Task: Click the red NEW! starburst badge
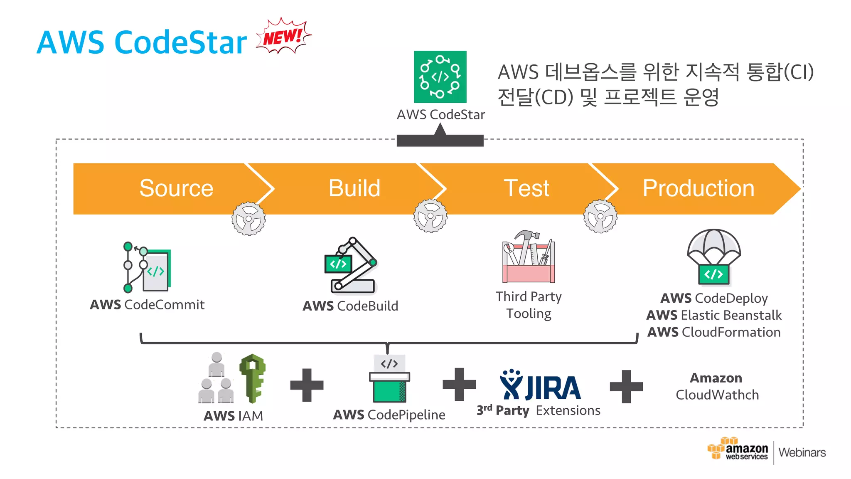pyautogui.click(x=283, y=37)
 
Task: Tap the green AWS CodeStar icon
pyautogui.click(x=440, y=77)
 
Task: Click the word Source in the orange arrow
pyautogui.click(x=176, y=188)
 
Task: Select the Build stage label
pyautogui.click(x=354, y=188)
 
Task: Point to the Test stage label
pyautogui.click(x=526, y=188)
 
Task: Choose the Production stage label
pyautogui.click(x=699, y=188)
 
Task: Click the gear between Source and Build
pyautogui.click(x=248, y=219)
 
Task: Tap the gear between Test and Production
pyautogui.click(x=600, y=216)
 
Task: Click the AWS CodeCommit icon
pyautogui.click(x=147, y=267)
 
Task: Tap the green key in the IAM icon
pyautogui.click(x=253, y=378)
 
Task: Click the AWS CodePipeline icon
pyautogui.click(x=389, y=379)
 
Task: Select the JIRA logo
pyautogui.click(x=540, y=385)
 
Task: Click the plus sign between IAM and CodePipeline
pyautogui.click(x=307, y=385)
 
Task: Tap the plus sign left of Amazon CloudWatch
pyautogui.click(x=626, y=387)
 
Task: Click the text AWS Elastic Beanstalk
pyautogui.click(x=714, y=315)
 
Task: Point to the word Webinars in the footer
pyautogui.click(x=802, y=452)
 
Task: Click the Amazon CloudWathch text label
pyautogui.click(x=717, y=386)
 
